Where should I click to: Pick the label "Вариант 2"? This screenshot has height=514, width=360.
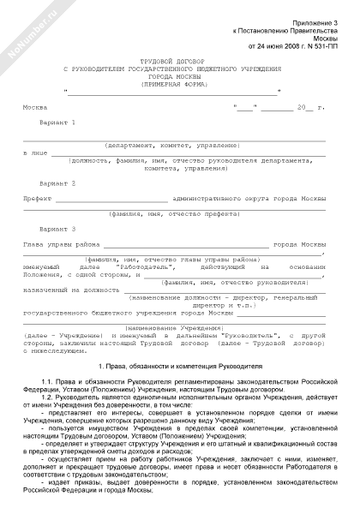click(57, 184)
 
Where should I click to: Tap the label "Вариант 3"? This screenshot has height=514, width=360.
click(57, 229)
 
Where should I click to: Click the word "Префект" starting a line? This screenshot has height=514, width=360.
click(37, 199)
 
